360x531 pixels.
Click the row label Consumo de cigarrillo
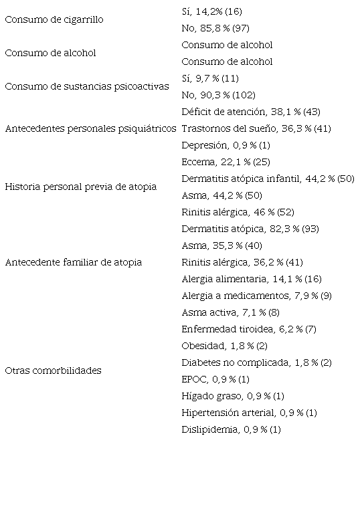tap(54, 20)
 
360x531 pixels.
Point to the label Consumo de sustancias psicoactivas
tap(87, 87)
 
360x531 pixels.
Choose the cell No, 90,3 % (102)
tap(218, 96)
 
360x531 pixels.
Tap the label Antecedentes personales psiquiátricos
tap(90, 128)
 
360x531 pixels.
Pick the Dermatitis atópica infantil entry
tap(268, 179)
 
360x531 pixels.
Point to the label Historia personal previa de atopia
tap(81, 187)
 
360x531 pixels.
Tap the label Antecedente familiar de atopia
tap(74, 263)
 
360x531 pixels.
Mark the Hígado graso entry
tap(233, 397)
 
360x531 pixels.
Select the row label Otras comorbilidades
tap(54, 371)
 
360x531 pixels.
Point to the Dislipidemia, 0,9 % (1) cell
tap(231, 430)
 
